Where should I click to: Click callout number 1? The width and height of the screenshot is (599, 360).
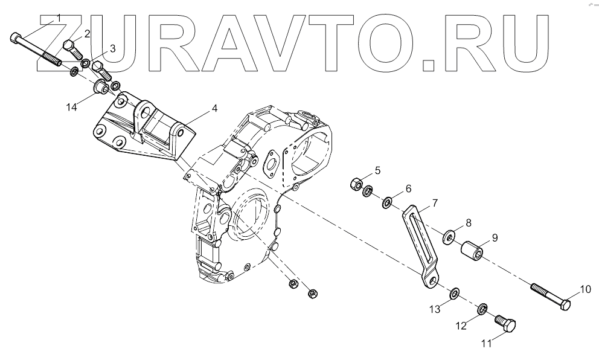pyautogui.click(x=59, y=16)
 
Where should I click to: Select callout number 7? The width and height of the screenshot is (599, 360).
pyautogui.click(x=435, y=202)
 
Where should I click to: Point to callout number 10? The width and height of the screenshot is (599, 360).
pyautogui.click(x=586, y=289)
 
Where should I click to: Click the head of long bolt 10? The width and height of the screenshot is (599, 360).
pyautogui.click(x=565, y=304)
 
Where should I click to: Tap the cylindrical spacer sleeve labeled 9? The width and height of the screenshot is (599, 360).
pyautogui.click(x=474, y=249)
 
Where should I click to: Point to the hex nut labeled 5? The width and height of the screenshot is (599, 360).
pyautogui.click(x=356, y=184)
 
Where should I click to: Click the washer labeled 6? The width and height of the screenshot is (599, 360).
pyautogui.click(x=386, y=200)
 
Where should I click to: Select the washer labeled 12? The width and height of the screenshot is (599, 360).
pyautogui.click(x=482, y=309)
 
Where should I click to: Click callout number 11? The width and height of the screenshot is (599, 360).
pyautogui.click(x=487, y=345)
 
